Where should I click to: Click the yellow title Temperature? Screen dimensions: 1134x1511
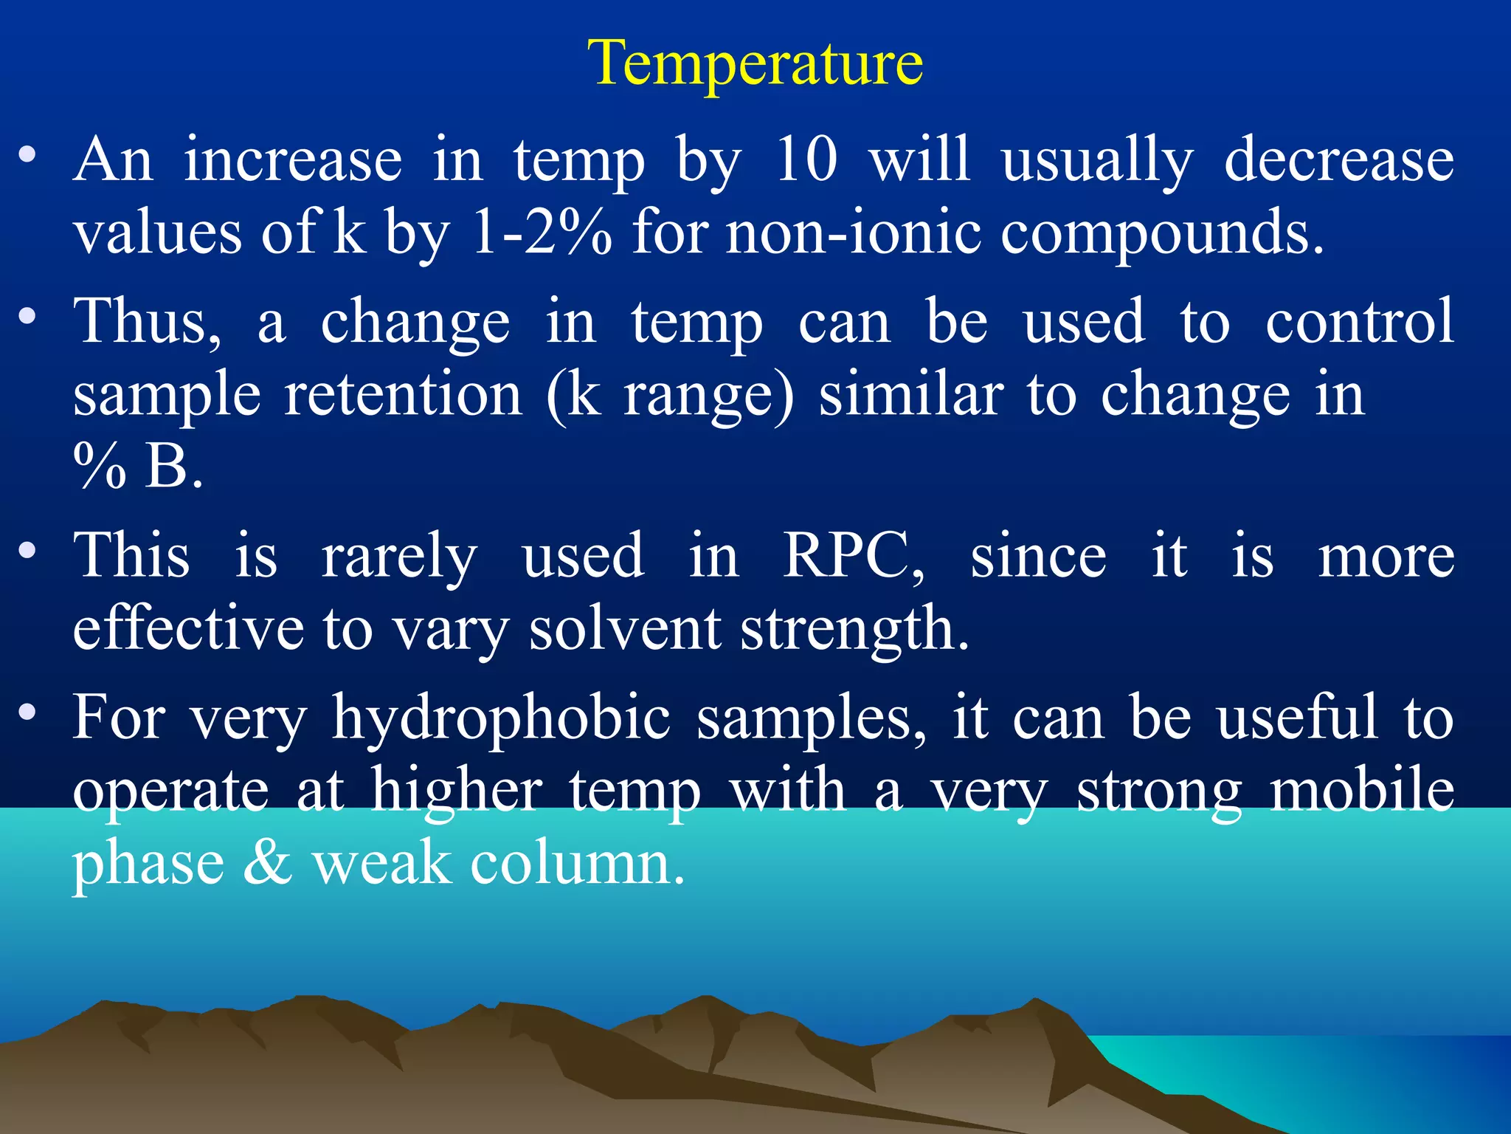[755, 63]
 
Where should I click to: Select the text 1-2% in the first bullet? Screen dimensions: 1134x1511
[542, 232]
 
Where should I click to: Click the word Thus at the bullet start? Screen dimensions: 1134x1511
[148, 322]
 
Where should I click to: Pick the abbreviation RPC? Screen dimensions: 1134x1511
[852, 555]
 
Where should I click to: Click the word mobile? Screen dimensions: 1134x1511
[1362, 790]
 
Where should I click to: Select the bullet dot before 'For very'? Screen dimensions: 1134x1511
[28, 712]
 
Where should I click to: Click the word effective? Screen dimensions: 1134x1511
[188, 629]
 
